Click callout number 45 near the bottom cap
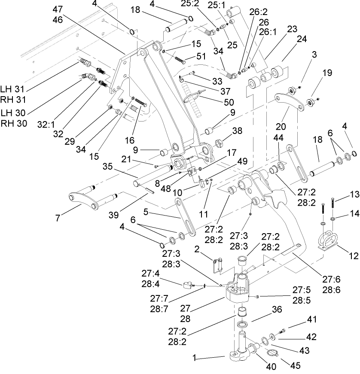(x=295, y=366)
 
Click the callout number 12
(x=354, y=256)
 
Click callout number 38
(x=237, y=131)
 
